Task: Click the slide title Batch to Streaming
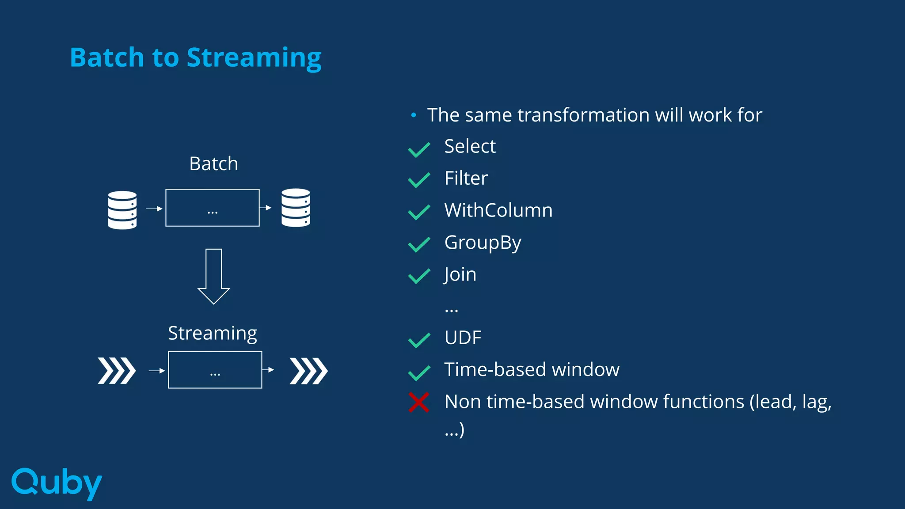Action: click(195, 57)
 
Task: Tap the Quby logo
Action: click(57, 483)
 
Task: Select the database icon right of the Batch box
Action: click(296, 208)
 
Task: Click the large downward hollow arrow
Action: click(213, 276)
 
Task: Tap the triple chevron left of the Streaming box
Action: click(117, 371)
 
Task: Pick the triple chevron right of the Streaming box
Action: click(308, 371)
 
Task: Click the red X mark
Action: click(418, 402)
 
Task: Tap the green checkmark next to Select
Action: click(419, 149)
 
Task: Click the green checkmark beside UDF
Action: click(419, 340)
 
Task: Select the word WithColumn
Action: click(498, 210)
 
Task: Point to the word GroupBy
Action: click(483, 243)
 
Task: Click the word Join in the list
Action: click(460, 274)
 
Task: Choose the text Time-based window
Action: click(532, 369)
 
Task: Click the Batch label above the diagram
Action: click(213, 164)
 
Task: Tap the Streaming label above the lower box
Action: click(212, 333)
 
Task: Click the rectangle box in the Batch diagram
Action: click(213, 208)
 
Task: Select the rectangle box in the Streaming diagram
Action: click(215, 370)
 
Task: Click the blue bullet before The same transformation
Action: click(413, 115)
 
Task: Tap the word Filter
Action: click(466, 179)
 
